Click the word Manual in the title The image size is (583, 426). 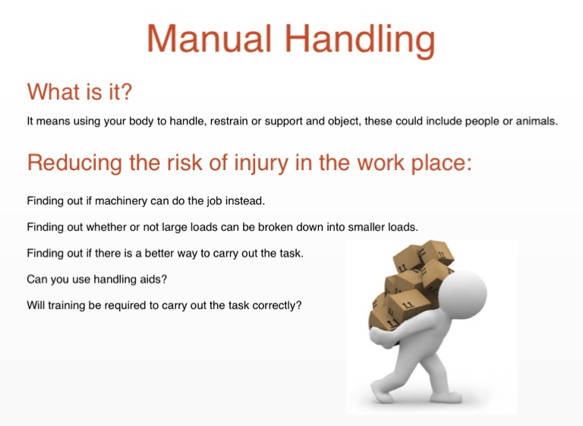(210, 39)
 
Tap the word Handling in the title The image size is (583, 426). (361, 41)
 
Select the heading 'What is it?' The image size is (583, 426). (80, 92)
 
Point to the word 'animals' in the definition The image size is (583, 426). (537, 121)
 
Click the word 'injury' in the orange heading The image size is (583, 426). (261, 163)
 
